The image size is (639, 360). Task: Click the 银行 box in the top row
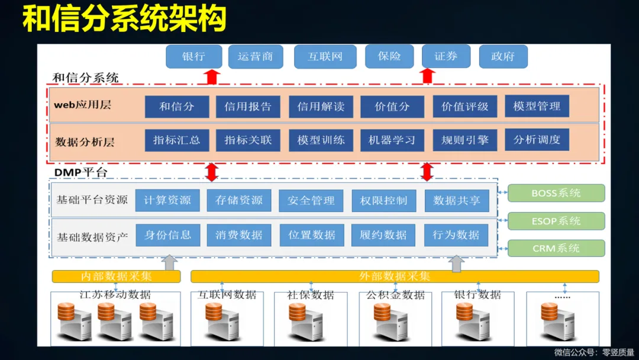tap(194, 57)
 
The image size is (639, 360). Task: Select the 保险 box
tap(389, 57)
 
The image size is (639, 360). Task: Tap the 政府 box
tap(503, 57)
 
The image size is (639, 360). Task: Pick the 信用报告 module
tap(248, 107)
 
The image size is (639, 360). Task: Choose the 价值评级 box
tap(465, 107)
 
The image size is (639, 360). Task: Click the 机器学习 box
tap(392, 140)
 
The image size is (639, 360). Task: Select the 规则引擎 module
tap(465, 140)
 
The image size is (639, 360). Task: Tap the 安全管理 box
tap(311, 201)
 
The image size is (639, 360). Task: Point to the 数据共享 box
tap(457, 201)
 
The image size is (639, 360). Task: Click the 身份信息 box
tap(168, 235)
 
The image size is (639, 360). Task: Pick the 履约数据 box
tap(383, 235)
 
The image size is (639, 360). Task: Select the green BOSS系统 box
tap(556, 193)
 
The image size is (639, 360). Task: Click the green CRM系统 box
tap(556, 248)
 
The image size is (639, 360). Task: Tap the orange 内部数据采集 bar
tap(117, 277)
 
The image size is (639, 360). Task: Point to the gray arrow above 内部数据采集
tap(170, 262)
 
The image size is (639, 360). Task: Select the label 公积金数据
tap(395, 295)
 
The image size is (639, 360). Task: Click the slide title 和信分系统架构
tap(125, 20)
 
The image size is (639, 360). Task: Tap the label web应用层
tap(83, 105)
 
